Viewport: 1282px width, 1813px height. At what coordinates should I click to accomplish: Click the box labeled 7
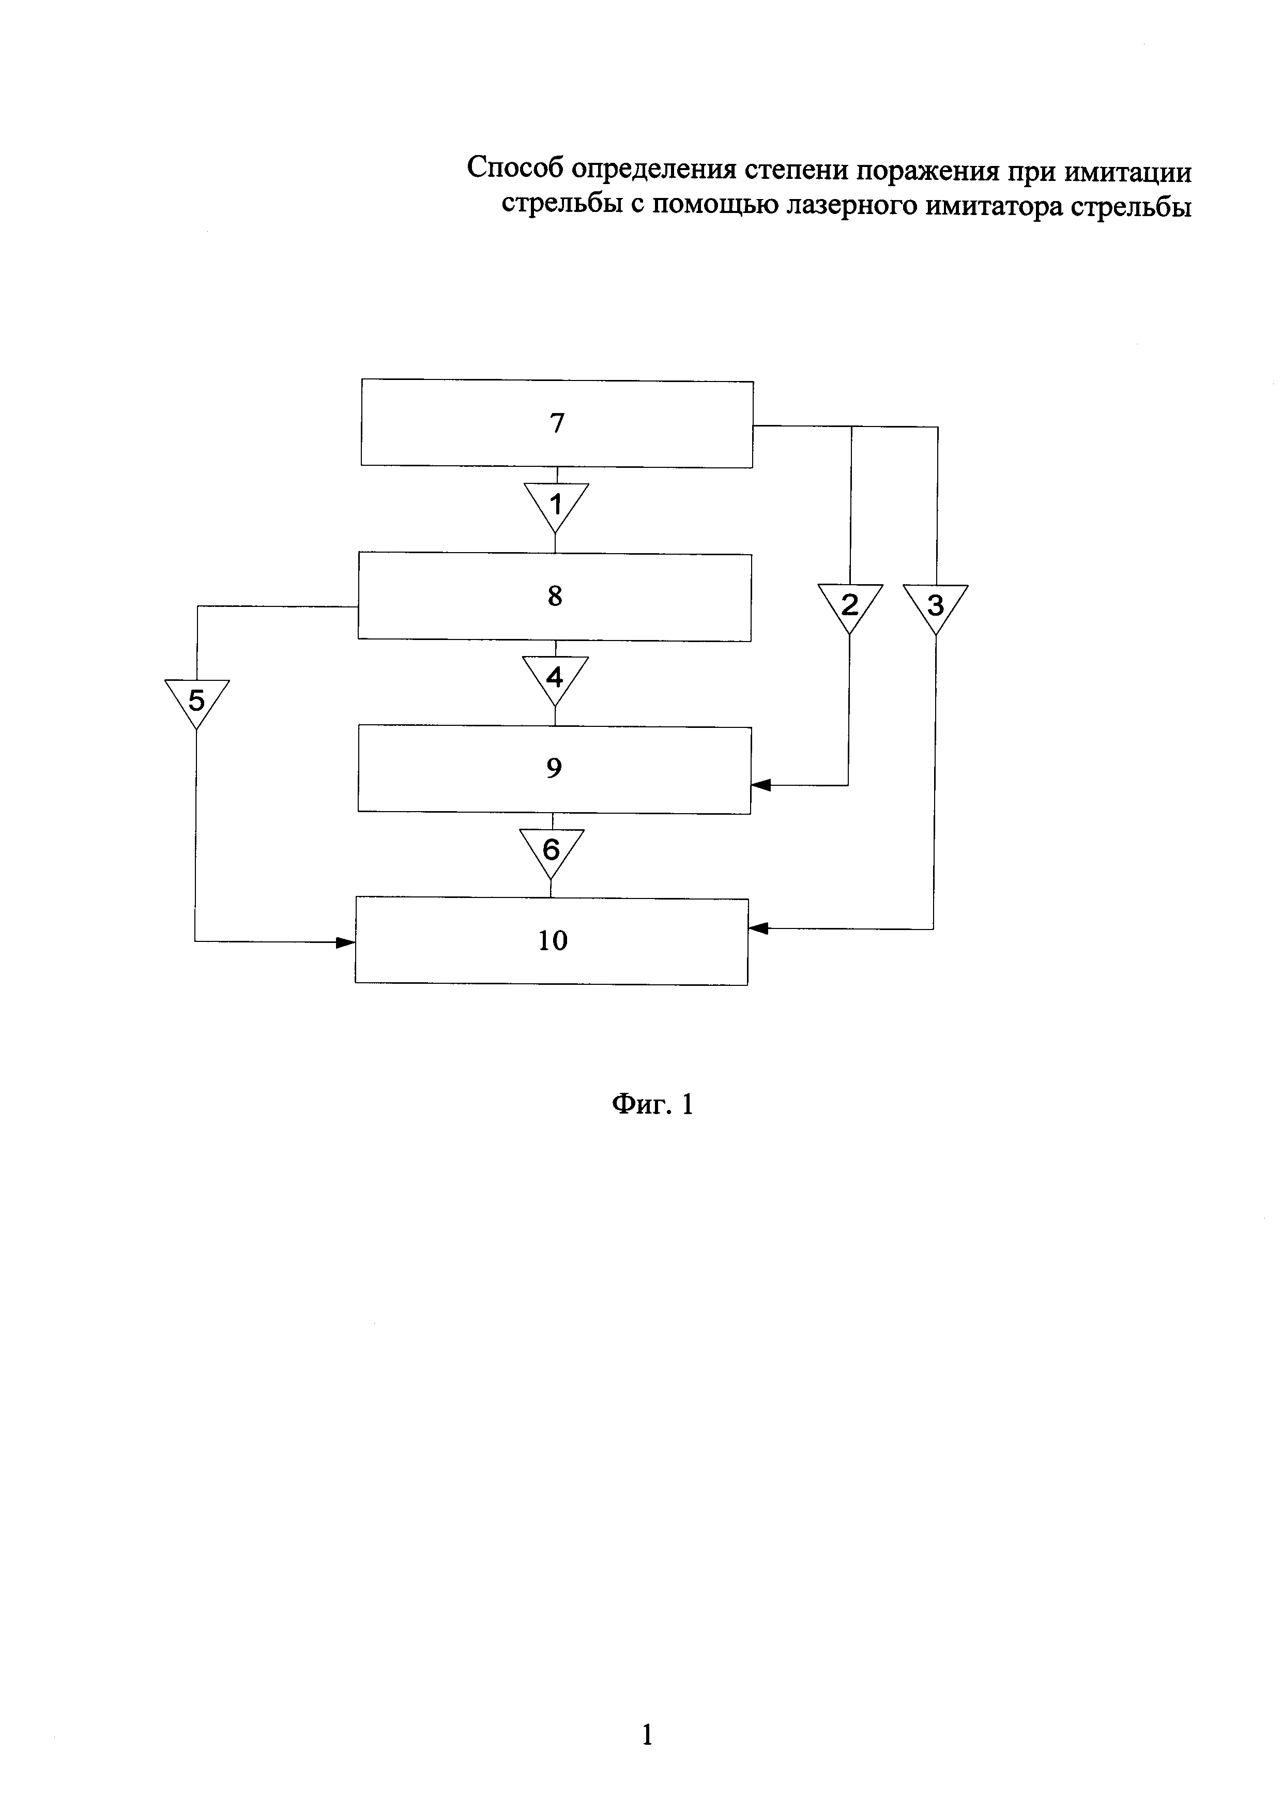(557, 424)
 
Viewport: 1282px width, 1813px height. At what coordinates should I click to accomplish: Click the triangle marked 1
(557, 504)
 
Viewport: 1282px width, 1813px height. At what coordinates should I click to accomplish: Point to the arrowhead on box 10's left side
(345, 942)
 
